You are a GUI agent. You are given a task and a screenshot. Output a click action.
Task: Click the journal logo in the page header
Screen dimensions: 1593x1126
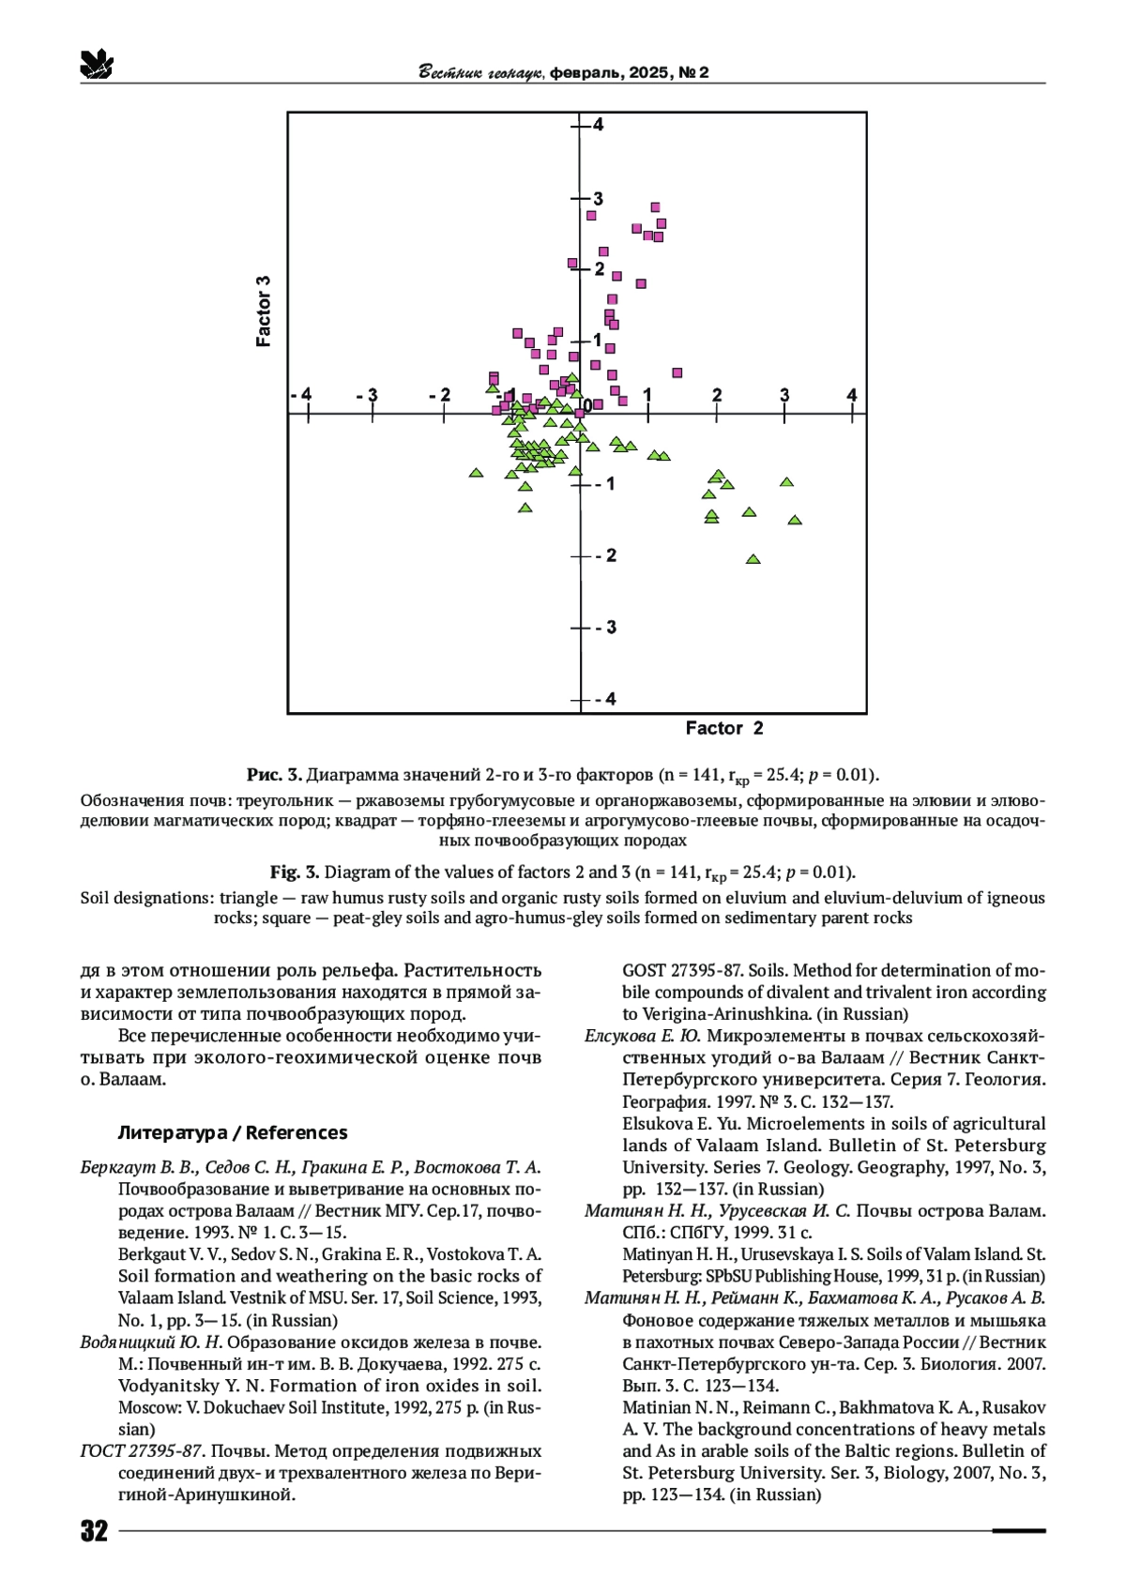coord(96,64)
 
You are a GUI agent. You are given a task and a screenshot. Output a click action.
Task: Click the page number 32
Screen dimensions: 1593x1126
coord(94,1531)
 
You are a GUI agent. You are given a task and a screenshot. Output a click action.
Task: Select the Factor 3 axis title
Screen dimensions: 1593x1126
coord(264,311)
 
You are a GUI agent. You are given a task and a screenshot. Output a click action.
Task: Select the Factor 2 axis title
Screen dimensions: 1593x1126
coord(723,728)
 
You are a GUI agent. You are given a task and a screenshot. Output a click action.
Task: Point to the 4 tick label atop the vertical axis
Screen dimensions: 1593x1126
coord(598,125)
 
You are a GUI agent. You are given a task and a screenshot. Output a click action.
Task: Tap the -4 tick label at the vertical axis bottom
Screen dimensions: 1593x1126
coord(605,699)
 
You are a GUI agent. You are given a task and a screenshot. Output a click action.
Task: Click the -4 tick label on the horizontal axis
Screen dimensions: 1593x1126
coord(301,395)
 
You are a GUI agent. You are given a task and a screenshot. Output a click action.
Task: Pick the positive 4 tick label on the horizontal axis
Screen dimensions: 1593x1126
coord(852,395)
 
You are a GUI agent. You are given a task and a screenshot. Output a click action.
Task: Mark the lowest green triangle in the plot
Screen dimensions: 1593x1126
coord(753,559)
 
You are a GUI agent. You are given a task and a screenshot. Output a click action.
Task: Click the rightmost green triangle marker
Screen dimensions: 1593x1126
coord(795,520)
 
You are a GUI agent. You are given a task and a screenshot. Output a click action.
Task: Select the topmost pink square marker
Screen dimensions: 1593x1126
coord(655,207)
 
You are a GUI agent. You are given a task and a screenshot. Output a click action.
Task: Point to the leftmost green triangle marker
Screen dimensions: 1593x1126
coord(476,473)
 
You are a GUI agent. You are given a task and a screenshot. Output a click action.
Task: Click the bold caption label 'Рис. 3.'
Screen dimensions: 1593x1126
coord(274,775)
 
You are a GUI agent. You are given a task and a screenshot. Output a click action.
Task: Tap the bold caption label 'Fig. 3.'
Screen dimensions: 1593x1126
coord(295,872)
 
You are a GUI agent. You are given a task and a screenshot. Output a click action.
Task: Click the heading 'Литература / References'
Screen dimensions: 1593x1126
coord(232,1132)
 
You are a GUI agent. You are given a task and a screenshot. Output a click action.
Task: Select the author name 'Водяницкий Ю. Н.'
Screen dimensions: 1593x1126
coord(151,1343)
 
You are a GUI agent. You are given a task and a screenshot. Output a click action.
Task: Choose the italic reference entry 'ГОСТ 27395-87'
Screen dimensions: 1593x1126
coord(142,1451)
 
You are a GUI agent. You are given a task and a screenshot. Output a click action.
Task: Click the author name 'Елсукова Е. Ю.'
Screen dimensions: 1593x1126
coord(643,1036)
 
